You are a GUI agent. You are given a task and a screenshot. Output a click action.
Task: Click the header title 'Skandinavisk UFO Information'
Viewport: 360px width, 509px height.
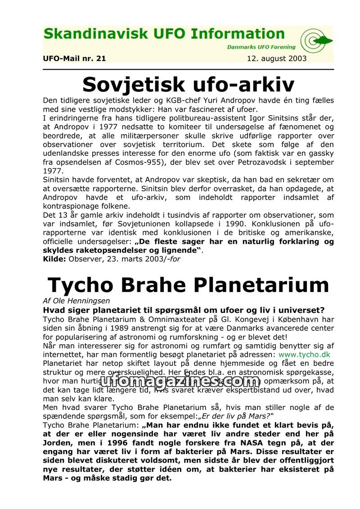164,34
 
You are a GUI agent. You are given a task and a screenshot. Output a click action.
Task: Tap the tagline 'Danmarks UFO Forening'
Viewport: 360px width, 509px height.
261,47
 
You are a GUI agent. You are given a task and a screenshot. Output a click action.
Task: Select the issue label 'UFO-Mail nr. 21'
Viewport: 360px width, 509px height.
74,59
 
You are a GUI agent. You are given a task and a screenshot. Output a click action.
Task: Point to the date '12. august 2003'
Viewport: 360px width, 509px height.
277,59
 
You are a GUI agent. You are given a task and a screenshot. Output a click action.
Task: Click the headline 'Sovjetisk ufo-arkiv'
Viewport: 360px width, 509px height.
188,84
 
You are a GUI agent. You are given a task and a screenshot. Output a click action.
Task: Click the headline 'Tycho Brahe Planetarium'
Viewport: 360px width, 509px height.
188,285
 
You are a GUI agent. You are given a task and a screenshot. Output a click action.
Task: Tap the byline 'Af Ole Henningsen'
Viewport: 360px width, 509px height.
76,301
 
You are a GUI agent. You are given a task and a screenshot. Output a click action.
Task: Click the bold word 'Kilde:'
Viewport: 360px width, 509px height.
54,259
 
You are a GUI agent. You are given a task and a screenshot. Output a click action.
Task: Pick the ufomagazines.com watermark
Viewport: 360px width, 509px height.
180,381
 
